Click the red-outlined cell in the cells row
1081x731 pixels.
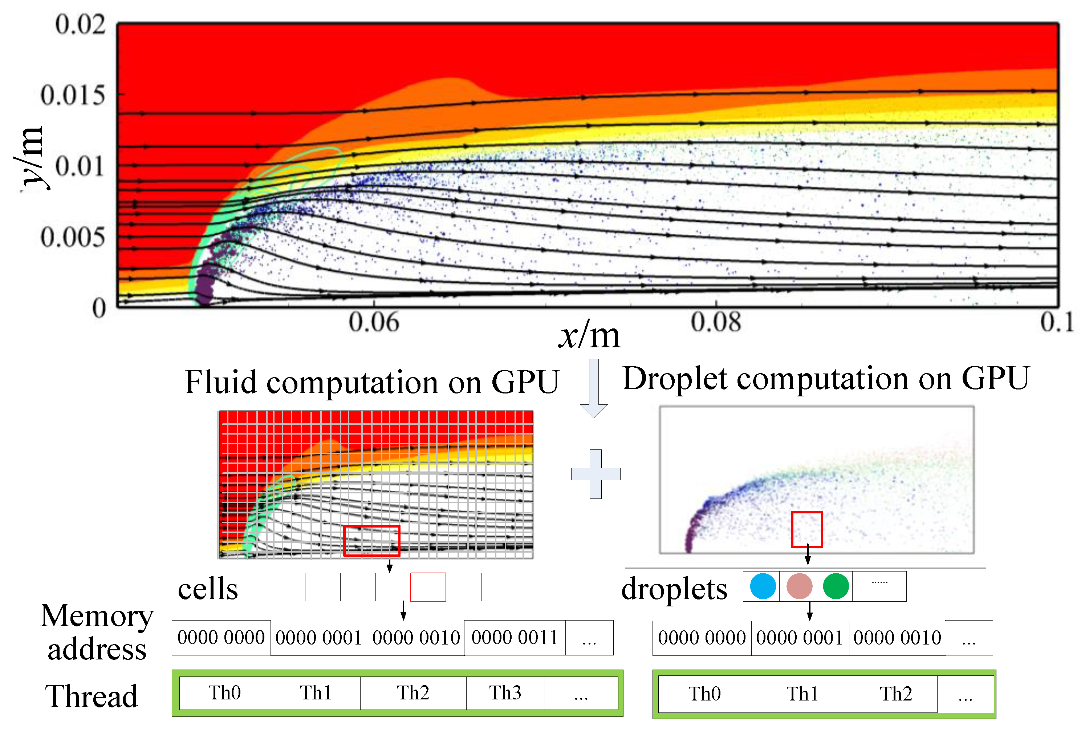click(x=428, y=587)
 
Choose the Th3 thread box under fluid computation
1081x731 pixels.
click(x=505, y=692)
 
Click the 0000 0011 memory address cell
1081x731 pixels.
click(x=515, y=638)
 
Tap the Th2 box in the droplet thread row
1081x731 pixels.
click(x=895, y=694)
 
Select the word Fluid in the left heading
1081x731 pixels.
click(x=220, y=383)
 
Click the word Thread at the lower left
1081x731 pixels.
click(x=91, y=696)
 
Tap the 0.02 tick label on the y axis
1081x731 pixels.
click(x=80, y=24)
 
